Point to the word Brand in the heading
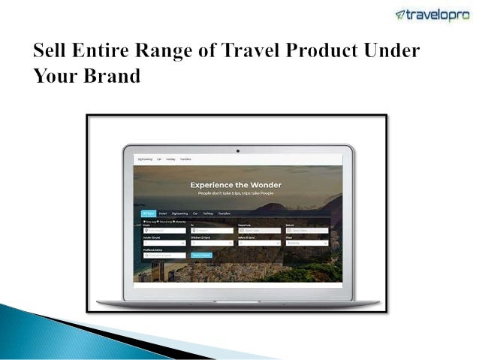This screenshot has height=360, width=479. (113, 77)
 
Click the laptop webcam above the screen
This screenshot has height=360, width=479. (237, 150)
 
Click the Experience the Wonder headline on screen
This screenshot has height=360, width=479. (236, 184)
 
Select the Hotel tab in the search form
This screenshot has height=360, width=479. (164, 213)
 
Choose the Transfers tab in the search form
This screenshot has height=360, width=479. (224, 213)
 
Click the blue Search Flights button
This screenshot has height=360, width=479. (201, 256)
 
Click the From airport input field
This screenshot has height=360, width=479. (164, 231)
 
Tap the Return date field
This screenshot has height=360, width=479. (308, 231)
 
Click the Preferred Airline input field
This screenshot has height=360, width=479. (164, 256)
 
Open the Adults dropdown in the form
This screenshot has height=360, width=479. (164, 243)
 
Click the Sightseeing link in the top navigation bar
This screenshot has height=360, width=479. (145, 159)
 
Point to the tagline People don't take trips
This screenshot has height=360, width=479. (236, 193)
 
